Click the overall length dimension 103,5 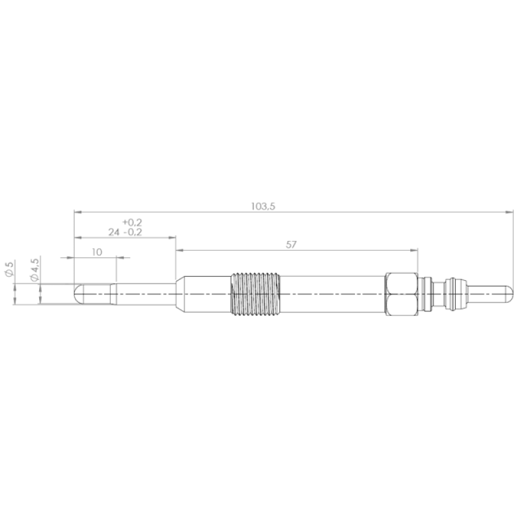click(x=263, y=206)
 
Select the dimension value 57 click(x=291, y=245)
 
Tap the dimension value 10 click(x=96, y=252)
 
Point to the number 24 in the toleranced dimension click(x=113, y=232)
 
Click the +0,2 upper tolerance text click(x=132, y=222)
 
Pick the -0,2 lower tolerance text click(x=133, y=232)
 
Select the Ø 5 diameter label click(x=9, y=269)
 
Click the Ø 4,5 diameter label click(x=35, y=270)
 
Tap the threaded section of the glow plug click(x=255, y=294)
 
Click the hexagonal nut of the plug click(x=401, y=294)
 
